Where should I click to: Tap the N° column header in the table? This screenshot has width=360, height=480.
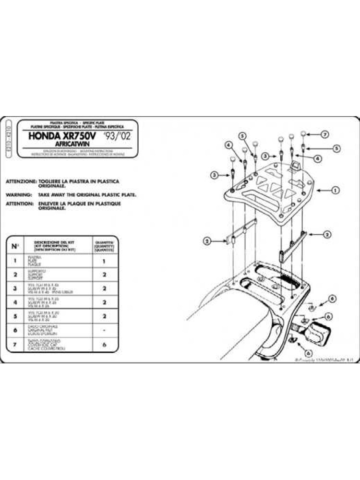tap(15, 246)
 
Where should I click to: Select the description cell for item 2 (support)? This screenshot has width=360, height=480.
tap(53, 276)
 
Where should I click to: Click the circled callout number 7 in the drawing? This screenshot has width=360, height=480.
tap(324, 133)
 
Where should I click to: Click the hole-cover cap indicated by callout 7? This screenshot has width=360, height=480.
tap(303, 133)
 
